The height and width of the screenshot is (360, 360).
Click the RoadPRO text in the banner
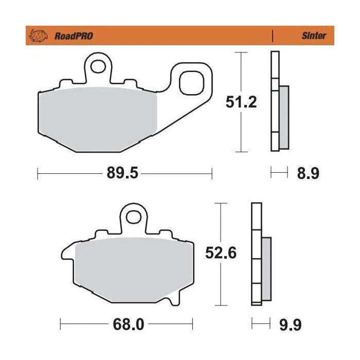[x=73, y=36]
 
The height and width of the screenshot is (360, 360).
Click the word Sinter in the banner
[x=314, y=36]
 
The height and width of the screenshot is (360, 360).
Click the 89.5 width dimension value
[x=123, y=174]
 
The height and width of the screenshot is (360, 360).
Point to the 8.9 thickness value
[x=308, y=174]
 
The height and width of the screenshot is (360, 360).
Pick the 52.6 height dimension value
[x=221, y=254]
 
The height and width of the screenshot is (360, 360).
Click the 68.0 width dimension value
[x=125, y=325]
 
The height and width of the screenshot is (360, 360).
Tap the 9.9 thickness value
[x=290, y=325]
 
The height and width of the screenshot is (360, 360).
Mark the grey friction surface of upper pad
[x=98, y=119]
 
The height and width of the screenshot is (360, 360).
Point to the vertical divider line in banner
[x=272, y=36]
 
